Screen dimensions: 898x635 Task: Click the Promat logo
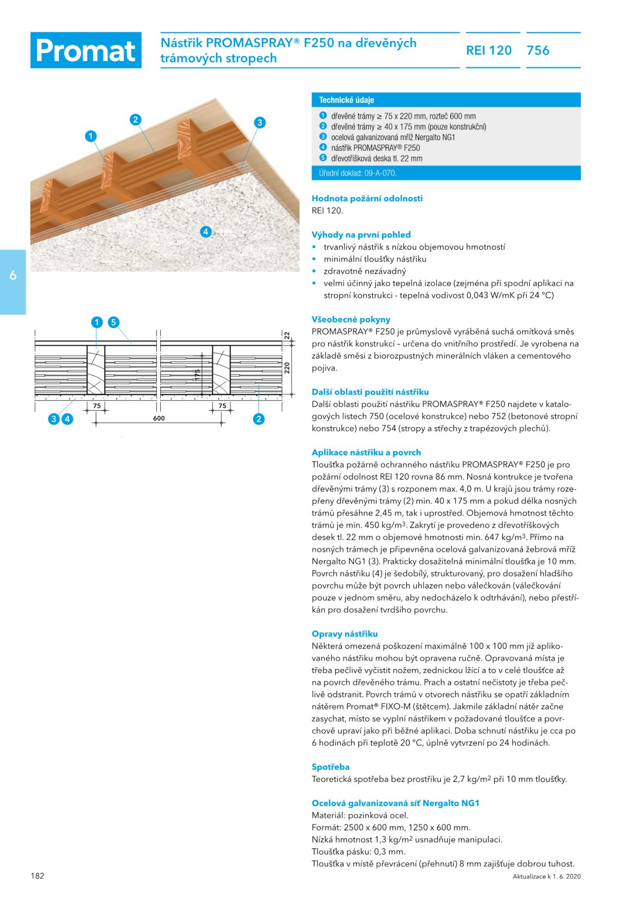[86, 50]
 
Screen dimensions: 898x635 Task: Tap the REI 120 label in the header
[488, 50]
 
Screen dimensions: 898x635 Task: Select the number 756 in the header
[538, 50]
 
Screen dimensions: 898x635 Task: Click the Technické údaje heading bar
[445, 100]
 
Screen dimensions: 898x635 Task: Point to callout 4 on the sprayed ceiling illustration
[206, 231]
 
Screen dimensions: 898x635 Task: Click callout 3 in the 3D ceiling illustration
[260, 123]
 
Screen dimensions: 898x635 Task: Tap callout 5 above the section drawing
[113, 322]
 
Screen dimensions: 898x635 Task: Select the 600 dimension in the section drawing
[159, 418]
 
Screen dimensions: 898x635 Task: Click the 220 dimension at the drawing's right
[287, 367]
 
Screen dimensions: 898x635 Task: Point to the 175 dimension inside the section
[197, 375]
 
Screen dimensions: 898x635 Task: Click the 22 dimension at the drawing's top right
[287, 335]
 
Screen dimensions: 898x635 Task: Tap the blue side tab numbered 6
[13, 275]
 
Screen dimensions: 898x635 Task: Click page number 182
[38, 876]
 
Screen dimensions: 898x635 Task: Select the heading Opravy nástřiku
[344, 634]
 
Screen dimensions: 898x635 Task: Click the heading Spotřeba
[331, 767]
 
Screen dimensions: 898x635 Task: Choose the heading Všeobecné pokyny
[351, 319]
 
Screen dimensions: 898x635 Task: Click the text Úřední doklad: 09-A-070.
[358, 173]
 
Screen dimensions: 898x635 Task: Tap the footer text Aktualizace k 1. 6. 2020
[547, 877]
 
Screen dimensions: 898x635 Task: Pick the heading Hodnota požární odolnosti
[367, 198]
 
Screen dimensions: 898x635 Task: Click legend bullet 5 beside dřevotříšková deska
[323, 158]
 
